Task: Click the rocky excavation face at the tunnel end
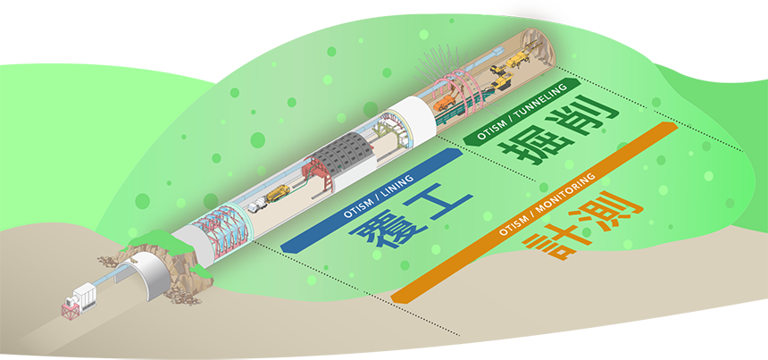pyautogui.click(x=536, y=40)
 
